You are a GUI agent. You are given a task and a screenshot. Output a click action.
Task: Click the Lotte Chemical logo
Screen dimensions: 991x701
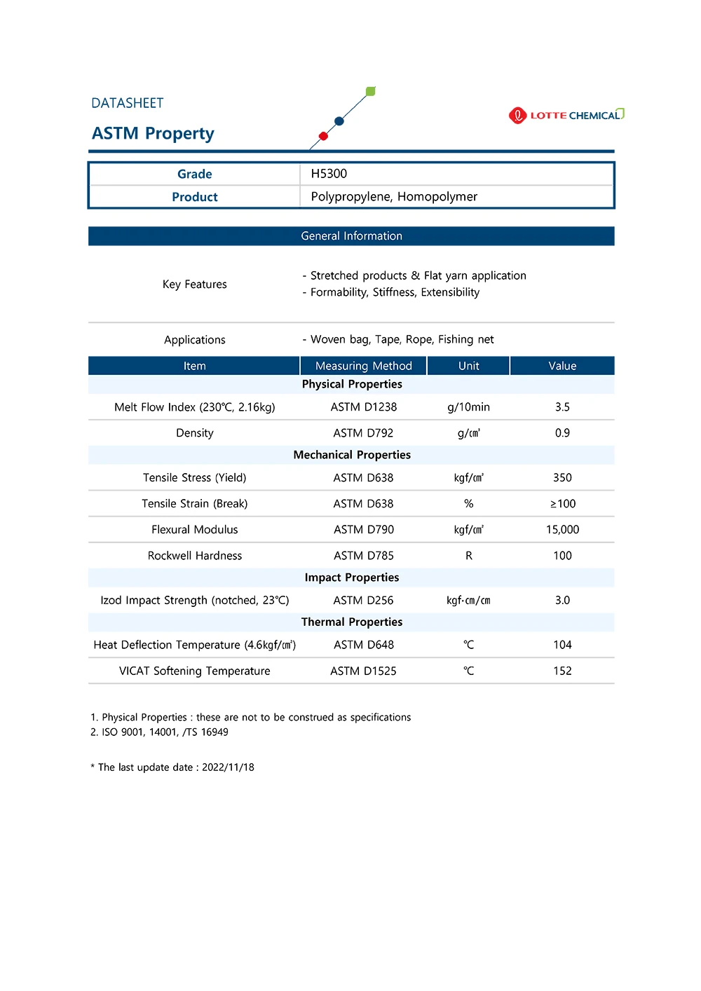566,115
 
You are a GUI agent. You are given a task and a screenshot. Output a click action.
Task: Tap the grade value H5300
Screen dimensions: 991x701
329,174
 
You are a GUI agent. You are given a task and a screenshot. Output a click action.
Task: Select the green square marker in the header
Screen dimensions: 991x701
371,91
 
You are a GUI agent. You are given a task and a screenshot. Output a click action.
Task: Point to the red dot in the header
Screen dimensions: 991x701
323,136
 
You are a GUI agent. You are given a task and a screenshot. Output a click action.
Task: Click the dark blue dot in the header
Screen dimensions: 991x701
339,121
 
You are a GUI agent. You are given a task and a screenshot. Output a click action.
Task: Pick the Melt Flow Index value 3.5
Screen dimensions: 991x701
562,407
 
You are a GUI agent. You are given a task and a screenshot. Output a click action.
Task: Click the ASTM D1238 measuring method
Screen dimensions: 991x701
364,407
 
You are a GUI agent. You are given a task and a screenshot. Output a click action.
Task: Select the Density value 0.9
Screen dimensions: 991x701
562,433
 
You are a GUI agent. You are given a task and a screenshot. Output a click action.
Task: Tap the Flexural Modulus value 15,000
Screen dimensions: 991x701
562,530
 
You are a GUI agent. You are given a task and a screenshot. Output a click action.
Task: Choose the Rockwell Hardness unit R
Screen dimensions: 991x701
469,556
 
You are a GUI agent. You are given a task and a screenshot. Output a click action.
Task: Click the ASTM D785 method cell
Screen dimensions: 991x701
364,556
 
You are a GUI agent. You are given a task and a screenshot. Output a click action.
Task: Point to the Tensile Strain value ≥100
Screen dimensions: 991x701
562,504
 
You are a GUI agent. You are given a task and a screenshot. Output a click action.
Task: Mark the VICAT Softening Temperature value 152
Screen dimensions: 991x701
562,671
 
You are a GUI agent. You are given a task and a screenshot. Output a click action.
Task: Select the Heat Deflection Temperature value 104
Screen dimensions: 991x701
562,645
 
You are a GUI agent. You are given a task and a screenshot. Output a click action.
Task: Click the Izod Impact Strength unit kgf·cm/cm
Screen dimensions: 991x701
468,601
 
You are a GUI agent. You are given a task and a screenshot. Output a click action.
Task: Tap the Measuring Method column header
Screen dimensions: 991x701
364,366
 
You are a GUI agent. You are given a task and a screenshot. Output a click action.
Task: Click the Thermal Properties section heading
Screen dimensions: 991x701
352,622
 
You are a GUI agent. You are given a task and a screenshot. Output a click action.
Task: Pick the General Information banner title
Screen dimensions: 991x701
352,236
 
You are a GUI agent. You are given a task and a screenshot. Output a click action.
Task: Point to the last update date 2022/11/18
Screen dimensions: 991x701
228,767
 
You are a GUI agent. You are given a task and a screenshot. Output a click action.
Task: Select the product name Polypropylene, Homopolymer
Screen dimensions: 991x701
394,197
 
